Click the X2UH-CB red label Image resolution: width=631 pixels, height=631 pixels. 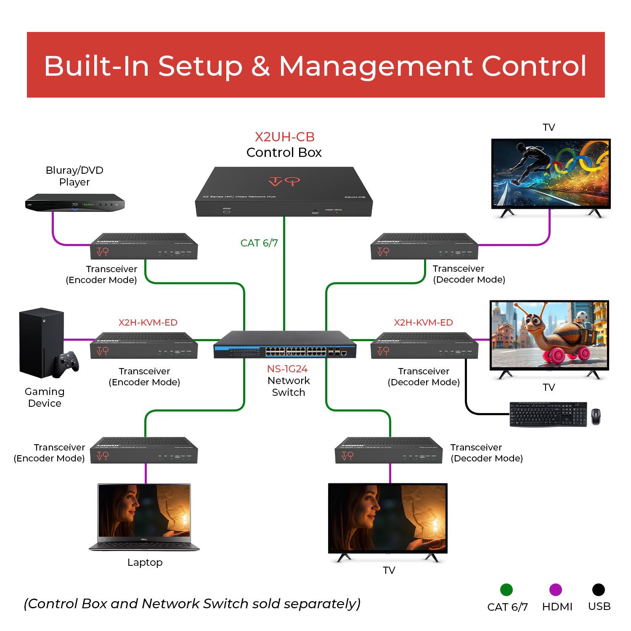pos(284,137)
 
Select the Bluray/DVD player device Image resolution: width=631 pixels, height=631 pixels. pos(75,203)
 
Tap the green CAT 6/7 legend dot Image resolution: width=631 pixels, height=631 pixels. pos(506,589)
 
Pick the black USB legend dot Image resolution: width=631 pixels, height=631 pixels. pos(598,589)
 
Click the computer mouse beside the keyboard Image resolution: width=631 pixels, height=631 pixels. pos(596,416)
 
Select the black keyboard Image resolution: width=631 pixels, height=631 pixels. pos(548,414)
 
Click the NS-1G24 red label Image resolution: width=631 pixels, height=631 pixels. pos(287,369)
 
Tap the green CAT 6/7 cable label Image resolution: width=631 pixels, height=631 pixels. pos(259,243)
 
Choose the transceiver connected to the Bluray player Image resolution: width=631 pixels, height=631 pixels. pos(144,247)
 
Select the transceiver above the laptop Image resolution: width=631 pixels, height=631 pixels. pos(144,451)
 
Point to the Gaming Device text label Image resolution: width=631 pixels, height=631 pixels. pos(45,397)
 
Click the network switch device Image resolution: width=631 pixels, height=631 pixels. pos(285,345)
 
